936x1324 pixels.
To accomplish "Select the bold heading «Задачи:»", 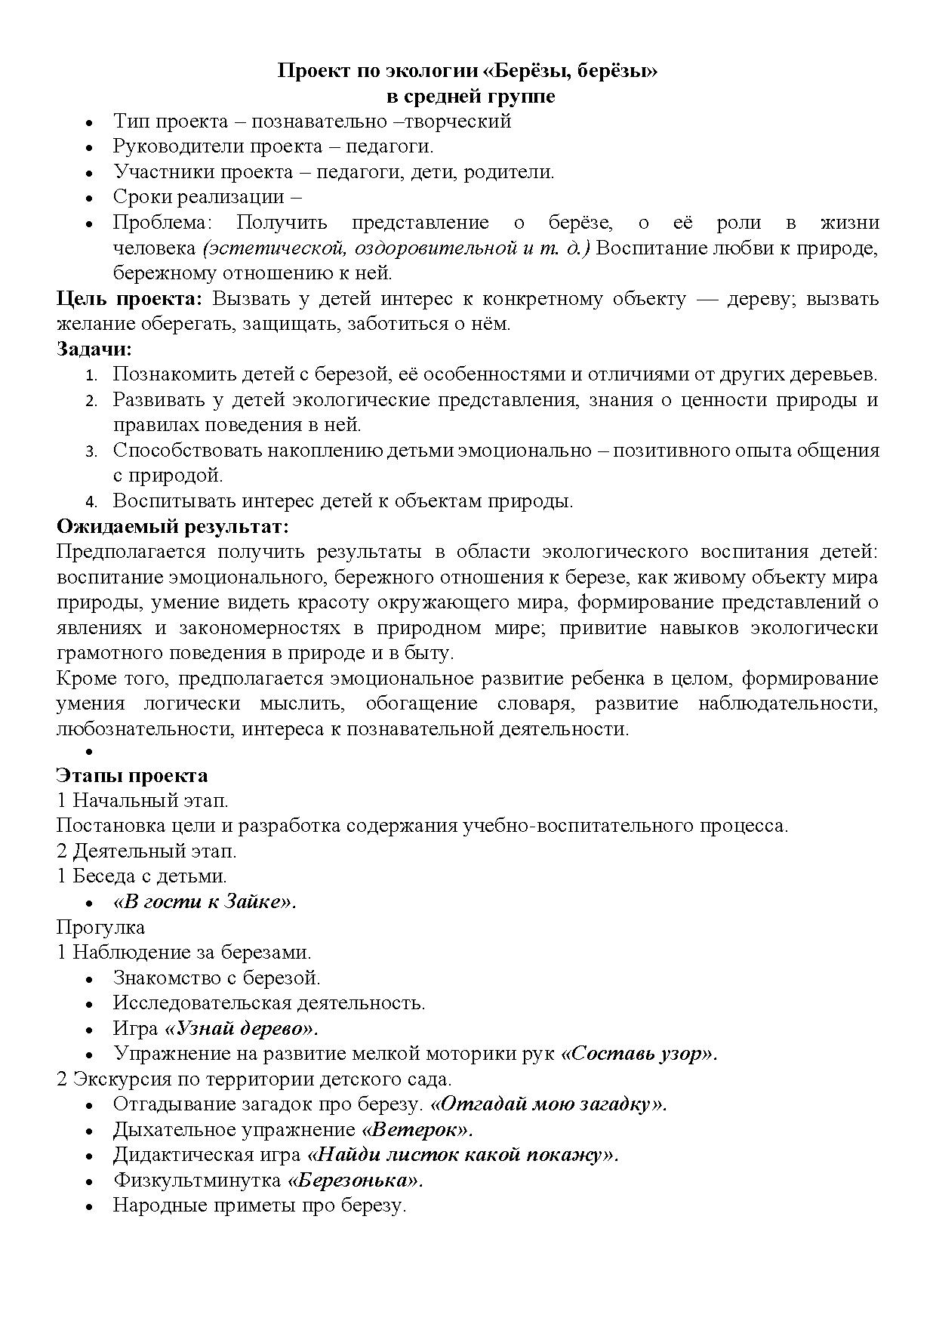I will [94, 349].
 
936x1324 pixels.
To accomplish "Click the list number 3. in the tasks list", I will [91, 451].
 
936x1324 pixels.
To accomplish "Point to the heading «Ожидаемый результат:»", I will [173, 526].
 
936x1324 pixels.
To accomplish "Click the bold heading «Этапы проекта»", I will [132, 776].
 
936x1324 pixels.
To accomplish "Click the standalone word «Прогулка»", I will [100, 927].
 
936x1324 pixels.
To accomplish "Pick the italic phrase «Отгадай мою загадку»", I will [548, 1104].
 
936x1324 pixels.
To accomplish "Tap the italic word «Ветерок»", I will [417, 1130].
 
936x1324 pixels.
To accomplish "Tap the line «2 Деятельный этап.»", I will [146, 851].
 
